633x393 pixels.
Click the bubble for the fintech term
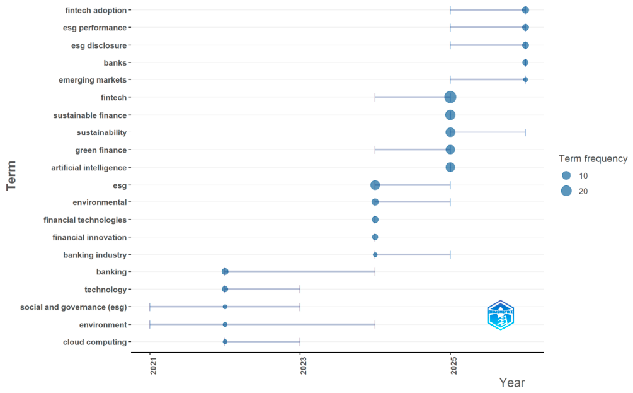[450, 97]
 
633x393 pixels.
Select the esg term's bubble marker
[375, 185]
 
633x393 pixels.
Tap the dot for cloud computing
[225, 342]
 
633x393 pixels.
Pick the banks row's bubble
[525, 62]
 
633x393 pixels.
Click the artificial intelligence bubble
[450, 167]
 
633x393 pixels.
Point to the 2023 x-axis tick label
[303, 365]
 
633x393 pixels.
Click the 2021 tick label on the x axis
[153, 365]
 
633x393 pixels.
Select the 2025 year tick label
[453, 365]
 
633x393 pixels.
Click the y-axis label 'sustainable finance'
[89, 115]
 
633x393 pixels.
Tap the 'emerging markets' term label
[93, 80]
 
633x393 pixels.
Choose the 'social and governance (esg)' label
[74, 307]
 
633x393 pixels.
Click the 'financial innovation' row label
[89, 238]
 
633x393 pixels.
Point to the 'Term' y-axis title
[11, 175]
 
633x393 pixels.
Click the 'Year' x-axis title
[512, 382]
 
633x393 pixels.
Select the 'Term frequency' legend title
[593, 159]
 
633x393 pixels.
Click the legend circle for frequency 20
[566, 191]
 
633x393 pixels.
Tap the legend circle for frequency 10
[566, 175]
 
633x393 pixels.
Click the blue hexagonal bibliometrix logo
[501, 315]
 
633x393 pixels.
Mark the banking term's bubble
[225, 272]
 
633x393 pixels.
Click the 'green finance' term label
[101, 150]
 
